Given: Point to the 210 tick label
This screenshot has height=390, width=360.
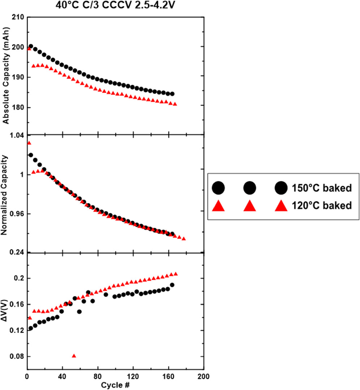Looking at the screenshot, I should coord(18,17).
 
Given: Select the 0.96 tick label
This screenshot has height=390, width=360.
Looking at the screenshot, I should coord(17,214).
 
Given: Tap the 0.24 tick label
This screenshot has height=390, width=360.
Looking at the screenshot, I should coord(17,252).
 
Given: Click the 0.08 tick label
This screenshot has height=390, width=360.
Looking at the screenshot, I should coord(17,356).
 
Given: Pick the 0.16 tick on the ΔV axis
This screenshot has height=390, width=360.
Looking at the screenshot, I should coord(17,304).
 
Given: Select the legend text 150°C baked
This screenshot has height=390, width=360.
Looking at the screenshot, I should coord(322,188).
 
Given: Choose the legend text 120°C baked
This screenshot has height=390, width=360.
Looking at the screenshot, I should coord(322,206).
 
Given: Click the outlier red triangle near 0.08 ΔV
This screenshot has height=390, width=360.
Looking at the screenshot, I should coord(74,356).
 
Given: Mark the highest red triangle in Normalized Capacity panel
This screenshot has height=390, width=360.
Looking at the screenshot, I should coord(29,143).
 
